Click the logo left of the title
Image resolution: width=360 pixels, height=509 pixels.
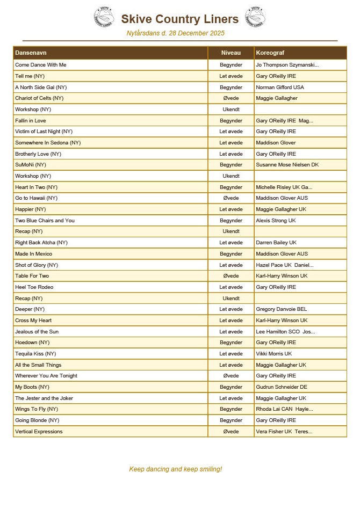[x=105, y=17]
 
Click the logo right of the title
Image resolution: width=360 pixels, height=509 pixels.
[x=255, y=17]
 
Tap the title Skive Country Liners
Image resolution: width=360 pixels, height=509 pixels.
[x=179, y=19]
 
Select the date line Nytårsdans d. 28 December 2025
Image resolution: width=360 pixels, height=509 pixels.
[x=175, y=33]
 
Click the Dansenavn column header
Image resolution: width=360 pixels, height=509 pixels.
[x=31, y=53]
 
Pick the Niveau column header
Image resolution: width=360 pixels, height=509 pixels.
[x=231, y=53]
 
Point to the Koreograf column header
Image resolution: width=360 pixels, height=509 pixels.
[x=270, y=53]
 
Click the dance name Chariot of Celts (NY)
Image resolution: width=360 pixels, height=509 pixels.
[x=39, y=98]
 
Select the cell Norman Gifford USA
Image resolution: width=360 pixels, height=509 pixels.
[x=280, y=87]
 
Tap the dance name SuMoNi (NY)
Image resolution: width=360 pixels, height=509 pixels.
[x=31, y=165]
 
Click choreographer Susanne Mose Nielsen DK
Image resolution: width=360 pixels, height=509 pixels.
[x=287, y=165]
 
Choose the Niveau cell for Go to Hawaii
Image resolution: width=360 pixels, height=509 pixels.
[x=231, y=198]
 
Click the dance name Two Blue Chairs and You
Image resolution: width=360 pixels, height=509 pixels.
[x=45, y=221]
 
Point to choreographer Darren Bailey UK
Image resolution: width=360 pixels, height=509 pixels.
[x=276, y=243]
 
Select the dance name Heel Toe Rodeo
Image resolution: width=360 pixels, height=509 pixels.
[x=34, y=287]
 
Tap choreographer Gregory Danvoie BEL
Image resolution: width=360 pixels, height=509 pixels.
[x=282, y=309]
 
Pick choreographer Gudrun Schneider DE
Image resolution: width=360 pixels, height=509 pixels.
[x=282, y=387]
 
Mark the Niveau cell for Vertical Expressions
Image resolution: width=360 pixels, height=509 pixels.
[x=231, y=432]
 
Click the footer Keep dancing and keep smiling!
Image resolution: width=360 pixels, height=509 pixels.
[x=175, y=469]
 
